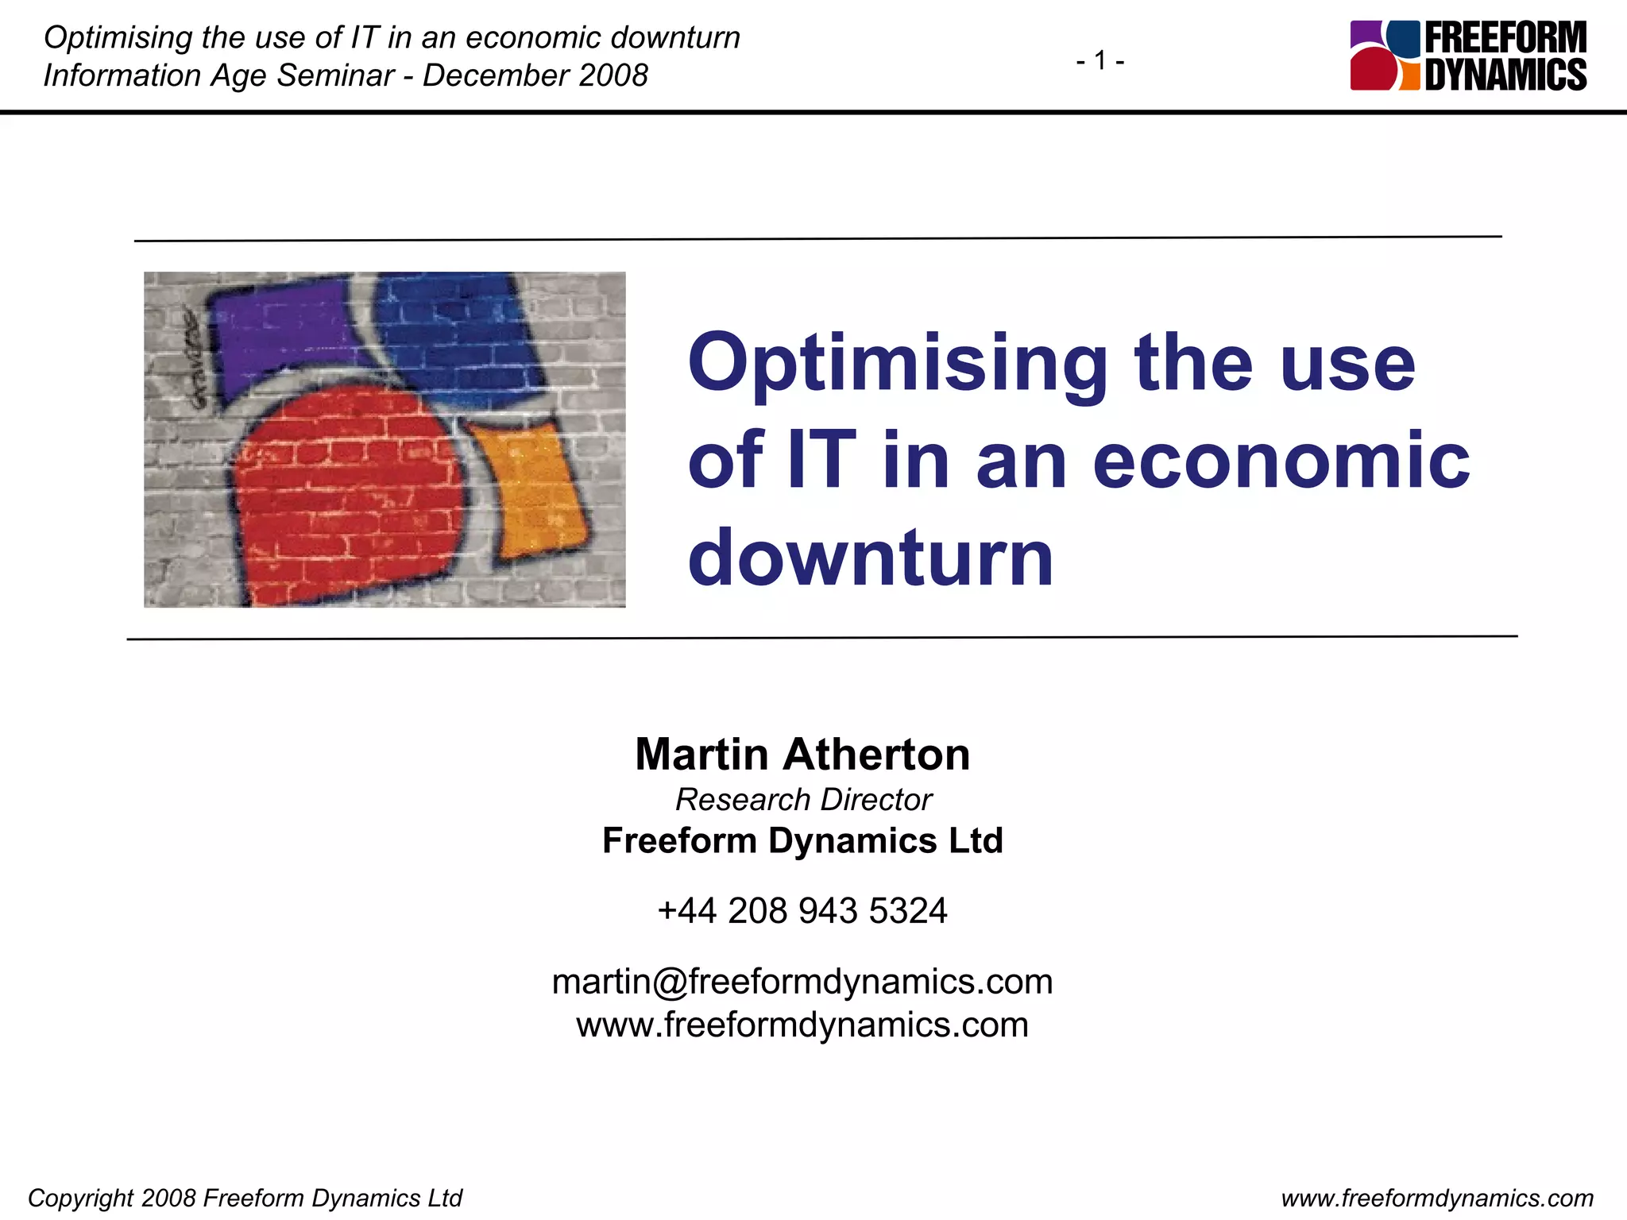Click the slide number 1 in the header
click(x=1100, y=60)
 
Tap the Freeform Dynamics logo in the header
click(x=1468, y=56)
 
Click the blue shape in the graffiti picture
click(x=453, y=334)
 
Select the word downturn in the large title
click(x=871, y=558)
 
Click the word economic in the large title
click(x=1281, y=461)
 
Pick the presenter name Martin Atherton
click(x=802, y=754)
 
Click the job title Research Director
click(x=803, y=800)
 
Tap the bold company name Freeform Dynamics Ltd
click(x=802, y=840)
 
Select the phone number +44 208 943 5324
click(x=802, y=910)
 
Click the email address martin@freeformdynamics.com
click(x=802, y=982)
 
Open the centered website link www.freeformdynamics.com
click(x=802, y=1025)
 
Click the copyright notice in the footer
click(x=245, y=1198)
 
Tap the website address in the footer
click(x=1437, y=1198)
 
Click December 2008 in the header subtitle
click(x=535, y=75)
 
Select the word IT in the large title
click(x=821, y=461)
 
